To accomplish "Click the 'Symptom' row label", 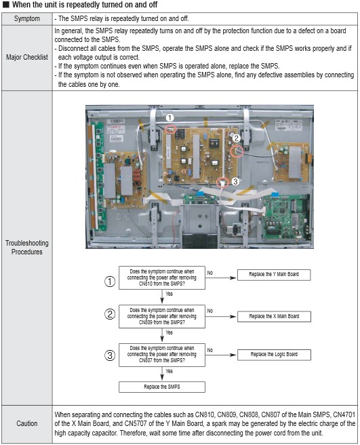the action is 27,19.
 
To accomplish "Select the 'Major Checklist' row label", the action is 27,57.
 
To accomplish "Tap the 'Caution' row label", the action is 27,423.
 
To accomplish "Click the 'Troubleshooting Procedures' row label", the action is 27,247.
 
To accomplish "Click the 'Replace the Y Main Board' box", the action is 274,275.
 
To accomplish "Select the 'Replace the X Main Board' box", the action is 274,316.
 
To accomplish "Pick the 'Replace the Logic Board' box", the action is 274,355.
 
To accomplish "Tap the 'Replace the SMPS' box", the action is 162,387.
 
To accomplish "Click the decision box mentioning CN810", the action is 162,277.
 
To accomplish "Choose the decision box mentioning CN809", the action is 162,316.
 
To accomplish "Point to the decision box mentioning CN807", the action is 162,355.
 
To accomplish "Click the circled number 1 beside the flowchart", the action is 110,282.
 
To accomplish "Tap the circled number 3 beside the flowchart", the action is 110,355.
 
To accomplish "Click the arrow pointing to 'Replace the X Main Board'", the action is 221,316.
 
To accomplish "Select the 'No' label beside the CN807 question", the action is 210,350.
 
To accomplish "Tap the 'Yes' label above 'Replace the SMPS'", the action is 169,371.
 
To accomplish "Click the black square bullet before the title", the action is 6,5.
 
